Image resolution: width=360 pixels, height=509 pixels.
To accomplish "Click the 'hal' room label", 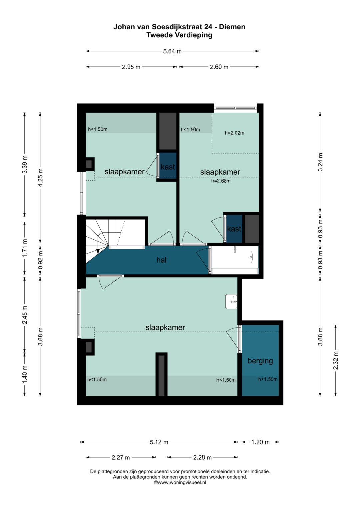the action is pyautogui.click(x=161, y=260).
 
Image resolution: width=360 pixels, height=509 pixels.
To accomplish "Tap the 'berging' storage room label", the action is pyautogui.click(x=260, y=361).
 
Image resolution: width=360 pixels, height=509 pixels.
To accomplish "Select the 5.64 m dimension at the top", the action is pyautogui.click(x=172, y=51).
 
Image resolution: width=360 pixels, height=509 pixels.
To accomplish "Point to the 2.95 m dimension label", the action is pyautogui.click(x=131, y=67).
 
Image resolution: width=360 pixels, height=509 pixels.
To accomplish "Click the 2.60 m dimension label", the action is pyautogui.click(x=219, y=67).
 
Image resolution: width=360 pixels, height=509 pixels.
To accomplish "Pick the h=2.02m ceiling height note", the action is pyautogui.click(x=235, y=133).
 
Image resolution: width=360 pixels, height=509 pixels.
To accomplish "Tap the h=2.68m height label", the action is pyautogui.click(x=221, y=181).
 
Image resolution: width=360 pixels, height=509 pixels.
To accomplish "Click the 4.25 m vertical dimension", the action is pyautogui.click(x=40, y=178).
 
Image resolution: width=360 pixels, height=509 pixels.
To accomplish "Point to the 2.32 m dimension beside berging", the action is pyautogui.click(x=336, y=360).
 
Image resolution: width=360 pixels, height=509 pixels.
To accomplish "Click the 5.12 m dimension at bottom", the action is pyautogui.click(x=159, y=442).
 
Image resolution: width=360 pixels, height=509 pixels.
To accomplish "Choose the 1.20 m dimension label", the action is pyautogui.click(x=260, y=442).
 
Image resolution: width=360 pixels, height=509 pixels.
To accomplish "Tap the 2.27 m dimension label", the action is pyautogui.click(x=121, y=457).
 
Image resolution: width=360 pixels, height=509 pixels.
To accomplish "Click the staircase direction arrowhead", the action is pyautogui.click(x=98, y=251).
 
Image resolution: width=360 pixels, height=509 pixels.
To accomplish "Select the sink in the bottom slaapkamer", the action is pyautogui.click(x=231, y=302).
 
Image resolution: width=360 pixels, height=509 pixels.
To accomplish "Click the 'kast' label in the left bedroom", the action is pyautogui.click(x=168, y=167).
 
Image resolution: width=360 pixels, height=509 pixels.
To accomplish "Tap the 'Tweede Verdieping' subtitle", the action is pyautogui.click(x=180, y=35).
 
